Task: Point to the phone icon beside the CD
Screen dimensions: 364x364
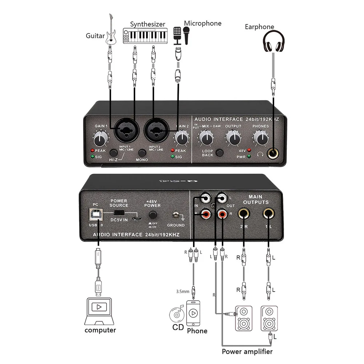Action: click(x=194, y=313)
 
